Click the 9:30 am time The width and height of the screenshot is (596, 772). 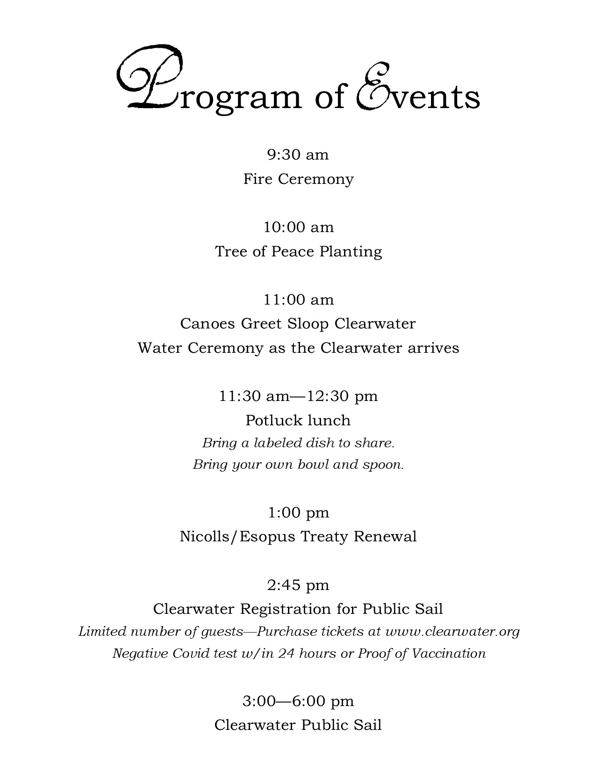click(x=298, y=154)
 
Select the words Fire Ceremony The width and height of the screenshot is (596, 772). click(x=298, y=179)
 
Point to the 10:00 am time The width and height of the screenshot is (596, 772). click(x=298, y=227)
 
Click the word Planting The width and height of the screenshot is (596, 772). click(x=351, y=252)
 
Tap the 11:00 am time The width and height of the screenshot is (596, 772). click(x=298, y=299)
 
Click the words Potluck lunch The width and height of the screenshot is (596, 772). click(x=298, y=420)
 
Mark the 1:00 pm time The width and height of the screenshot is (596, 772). click(x=298, y=513)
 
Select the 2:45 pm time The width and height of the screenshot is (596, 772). click(x=298, y=585)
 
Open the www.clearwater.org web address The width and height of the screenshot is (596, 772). click(x=452, y=632)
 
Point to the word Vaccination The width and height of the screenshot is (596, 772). click(x=448, y=653)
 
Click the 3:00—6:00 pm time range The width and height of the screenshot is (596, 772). click(x=298, y=701)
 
